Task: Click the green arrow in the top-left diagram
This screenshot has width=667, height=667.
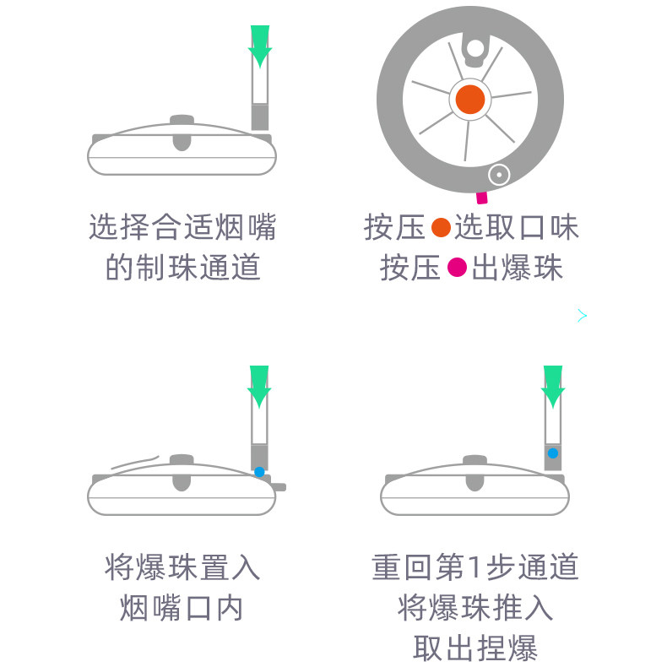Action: coord(260,46)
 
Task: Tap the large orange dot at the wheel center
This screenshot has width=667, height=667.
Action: coord(470,100)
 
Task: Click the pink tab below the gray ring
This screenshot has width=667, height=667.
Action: coord(482,198)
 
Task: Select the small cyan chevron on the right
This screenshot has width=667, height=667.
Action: coord(583,316)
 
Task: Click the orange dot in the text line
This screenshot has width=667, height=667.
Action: coord(441,228)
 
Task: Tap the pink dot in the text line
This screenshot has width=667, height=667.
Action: coord(458,268)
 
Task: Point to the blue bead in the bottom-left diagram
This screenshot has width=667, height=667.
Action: coord(259,472)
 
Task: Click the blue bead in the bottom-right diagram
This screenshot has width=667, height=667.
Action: coord(553,453)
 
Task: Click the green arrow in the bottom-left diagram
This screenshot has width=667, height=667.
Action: coord(259,386)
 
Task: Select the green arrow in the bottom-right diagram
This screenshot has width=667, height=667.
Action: coord(553,386)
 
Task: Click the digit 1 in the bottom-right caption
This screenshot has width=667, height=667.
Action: coord(474,567)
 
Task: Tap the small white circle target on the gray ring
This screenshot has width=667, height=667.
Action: coord(498,175)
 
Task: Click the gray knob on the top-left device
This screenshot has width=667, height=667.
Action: coord(182,133)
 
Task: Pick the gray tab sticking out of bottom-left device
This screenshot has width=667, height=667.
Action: coord(279,487)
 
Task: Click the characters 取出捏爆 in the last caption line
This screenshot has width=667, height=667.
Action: coord(475,648)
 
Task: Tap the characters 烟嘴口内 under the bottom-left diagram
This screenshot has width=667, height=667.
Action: coord(182,607)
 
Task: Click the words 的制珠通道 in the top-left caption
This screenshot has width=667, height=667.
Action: coord(182,267)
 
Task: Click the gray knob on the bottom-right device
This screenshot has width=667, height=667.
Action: coord(474,473)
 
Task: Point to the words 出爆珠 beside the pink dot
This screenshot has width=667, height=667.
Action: coord(518,268)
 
